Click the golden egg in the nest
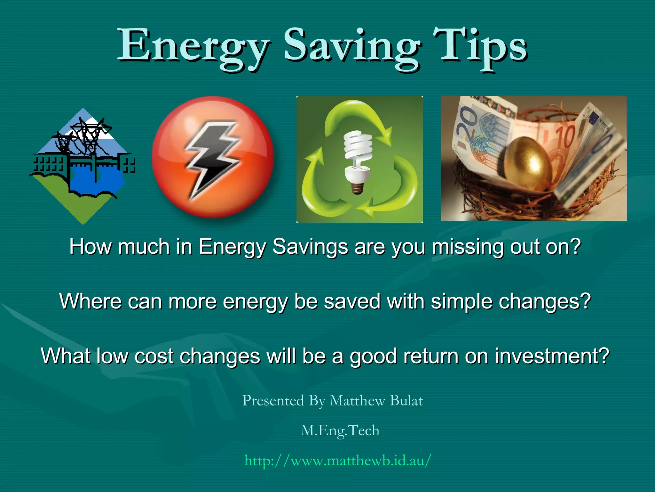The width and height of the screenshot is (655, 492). tap(528, 163)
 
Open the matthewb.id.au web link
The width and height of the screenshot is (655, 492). tap(338, 461)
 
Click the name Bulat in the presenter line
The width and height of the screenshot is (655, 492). tap(406, 401)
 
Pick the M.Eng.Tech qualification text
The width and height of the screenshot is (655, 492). tap(340, 430)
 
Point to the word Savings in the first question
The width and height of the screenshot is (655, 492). tap(310, 247)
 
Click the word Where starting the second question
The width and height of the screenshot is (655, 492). tap(91, 302)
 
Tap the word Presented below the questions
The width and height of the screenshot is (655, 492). tap(273, 401)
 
